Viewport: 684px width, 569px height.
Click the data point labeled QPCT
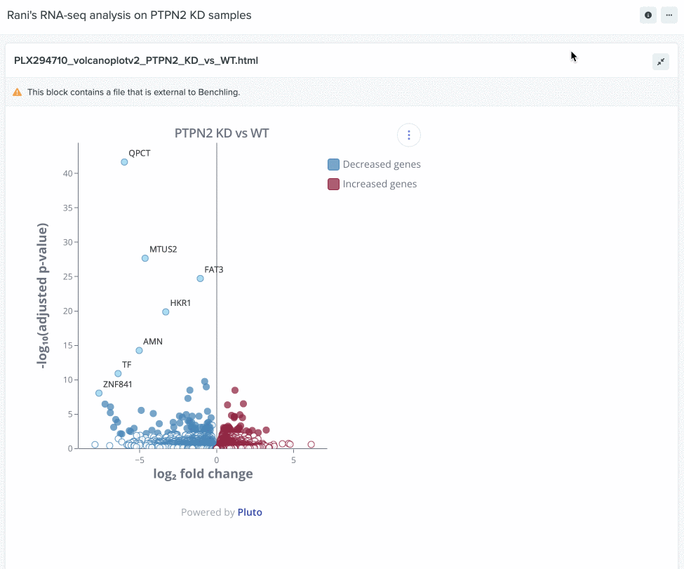click(124, 162)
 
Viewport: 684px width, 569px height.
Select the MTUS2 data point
click(145, 258)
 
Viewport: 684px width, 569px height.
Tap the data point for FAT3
click(200, 279)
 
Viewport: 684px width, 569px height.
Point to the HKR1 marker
click(166, 312)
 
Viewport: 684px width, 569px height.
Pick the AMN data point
click(139, 350)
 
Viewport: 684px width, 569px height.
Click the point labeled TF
click(118, 373)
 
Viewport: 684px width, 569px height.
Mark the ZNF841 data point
click(99, 393)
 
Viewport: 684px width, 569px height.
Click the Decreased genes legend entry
click(375, 165)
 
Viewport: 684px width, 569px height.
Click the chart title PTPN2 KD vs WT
click(222, 133)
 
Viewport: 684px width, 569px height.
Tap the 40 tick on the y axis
click(65, 173)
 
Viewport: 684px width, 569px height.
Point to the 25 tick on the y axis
click(65, 276)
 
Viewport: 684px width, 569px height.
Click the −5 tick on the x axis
click(140, 460)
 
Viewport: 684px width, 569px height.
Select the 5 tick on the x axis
click(293, 460)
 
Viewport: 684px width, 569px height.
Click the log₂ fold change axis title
click(203, 474)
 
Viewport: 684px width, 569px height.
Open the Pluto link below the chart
click(250, 512)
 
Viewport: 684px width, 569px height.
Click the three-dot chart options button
click(409, 135)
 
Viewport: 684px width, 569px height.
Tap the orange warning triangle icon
click(18, 92)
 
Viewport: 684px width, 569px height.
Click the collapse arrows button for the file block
click(661, 62)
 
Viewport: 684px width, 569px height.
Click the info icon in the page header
click(648, 15)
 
